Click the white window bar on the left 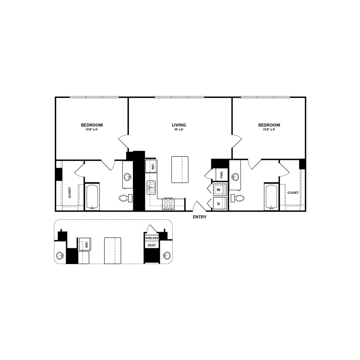(94, 97)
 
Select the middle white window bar (180, 97)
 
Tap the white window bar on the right (265, 97)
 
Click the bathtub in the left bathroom (93, 197)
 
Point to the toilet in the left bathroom (126, 198)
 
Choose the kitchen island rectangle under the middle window (180, 169)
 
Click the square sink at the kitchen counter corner (168, 204)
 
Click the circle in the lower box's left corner (60, 256)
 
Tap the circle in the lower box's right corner (165, 256)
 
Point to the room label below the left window (92, 127)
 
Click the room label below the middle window (179, 127)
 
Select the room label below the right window (269, 127)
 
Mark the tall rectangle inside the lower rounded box (112, 250)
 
